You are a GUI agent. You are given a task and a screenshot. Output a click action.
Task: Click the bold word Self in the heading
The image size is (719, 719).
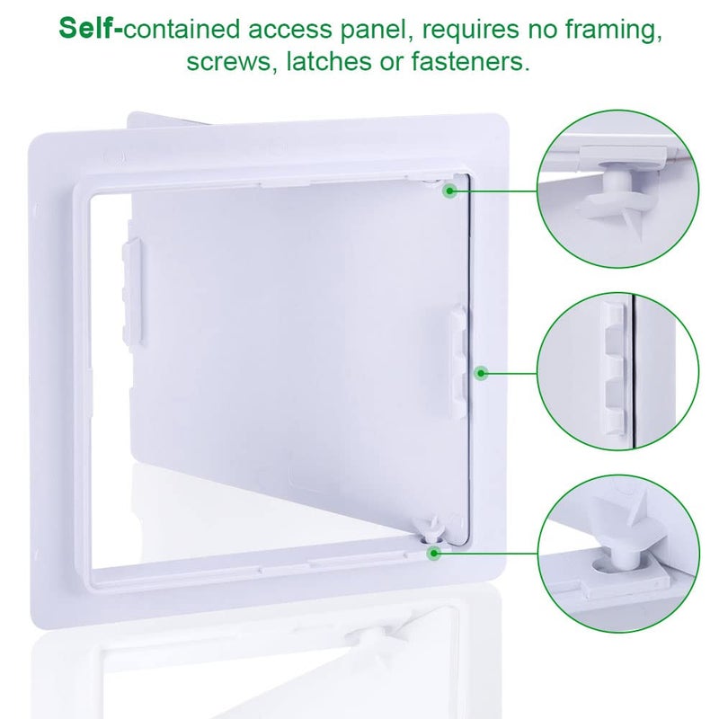click(x=85, y=29)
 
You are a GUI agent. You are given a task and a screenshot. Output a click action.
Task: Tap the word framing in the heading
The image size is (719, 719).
click(x=614, y=31)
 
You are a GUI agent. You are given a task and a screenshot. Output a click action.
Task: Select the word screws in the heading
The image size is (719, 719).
click(x=229, y=62)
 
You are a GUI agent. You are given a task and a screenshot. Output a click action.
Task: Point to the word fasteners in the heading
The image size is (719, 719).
click(x=470, y=61)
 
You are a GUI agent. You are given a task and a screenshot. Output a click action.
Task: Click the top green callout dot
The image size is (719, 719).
click(x=450, y=191)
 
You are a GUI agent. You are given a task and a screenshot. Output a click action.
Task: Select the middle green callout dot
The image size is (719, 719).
click(x=481, y=373)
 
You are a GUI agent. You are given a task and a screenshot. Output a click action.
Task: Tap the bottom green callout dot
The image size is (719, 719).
click(x=433, y=553)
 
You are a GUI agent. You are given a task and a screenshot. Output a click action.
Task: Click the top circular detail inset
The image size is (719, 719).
click(x=618, y=190)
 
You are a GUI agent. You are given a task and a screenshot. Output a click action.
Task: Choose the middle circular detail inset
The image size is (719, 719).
click(x=618, y=371)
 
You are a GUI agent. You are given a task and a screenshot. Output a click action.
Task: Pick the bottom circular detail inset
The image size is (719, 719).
click(x=618, y=554)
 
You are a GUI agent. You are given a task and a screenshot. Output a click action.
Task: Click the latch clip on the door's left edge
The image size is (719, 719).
click(x=132, y=290)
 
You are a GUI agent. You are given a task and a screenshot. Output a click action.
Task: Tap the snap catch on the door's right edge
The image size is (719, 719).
click(x=458, y=359)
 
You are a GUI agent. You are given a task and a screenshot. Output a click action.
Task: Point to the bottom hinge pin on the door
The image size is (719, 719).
click(x=432, y=529)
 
